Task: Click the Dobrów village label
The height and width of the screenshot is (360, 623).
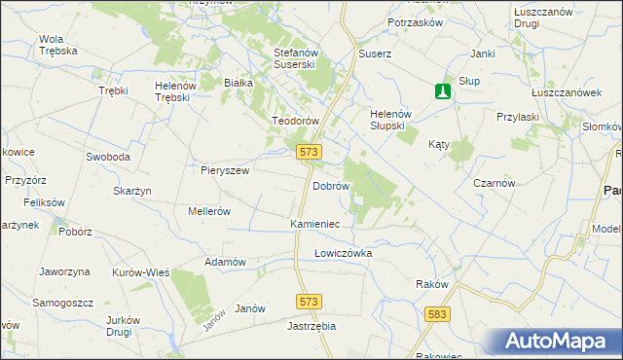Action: (330, 185)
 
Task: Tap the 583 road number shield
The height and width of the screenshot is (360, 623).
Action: (437, 313)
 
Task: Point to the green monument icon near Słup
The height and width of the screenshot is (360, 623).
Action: (443, 91)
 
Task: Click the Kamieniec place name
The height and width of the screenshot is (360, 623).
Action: (314, 224)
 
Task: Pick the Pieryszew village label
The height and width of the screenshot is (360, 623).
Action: (226, 170)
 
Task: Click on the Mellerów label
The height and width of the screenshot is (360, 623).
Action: (208, 210)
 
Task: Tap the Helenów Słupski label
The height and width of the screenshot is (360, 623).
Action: (393, 120)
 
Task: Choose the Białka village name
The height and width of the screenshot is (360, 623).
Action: (238, 84)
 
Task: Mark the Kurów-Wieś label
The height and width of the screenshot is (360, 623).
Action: (141, 272)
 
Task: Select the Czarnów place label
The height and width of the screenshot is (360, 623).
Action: (494, 183)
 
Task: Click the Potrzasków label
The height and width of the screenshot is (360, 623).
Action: (416, 22)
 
